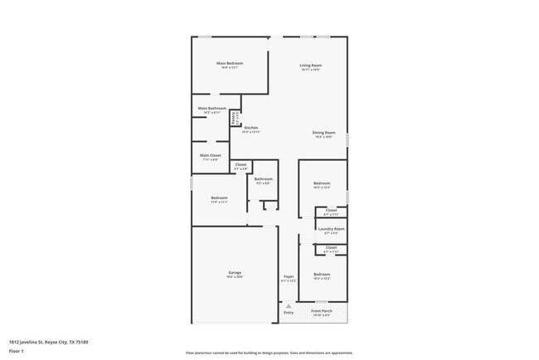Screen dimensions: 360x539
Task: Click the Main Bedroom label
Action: coord(229,64)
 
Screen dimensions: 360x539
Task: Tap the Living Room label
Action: coord(311,66)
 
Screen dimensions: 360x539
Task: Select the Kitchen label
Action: coord(250,128)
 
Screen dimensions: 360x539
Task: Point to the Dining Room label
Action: coord(323,133)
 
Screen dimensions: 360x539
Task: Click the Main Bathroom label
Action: coord(212,109)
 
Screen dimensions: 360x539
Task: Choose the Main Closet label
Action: coord(210,155)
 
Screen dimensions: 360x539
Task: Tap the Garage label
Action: coord(235,272)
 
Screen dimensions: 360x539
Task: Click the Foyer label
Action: coord(289,276)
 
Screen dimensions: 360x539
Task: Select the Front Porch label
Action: coord(322,311)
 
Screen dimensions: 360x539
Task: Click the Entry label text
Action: coord(289,312)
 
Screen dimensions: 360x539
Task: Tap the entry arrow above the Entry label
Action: coord(289,305)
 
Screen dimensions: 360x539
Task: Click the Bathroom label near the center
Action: coord(264,179)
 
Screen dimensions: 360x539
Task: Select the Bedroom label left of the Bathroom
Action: coord(219,197)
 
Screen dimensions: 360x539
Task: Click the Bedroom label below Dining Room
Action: coord(322,183)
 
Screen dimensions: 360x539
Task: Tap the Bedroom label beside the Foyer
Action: coord(322,275)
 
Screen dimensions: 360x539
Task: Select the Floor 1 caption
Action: coord(17,351)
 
